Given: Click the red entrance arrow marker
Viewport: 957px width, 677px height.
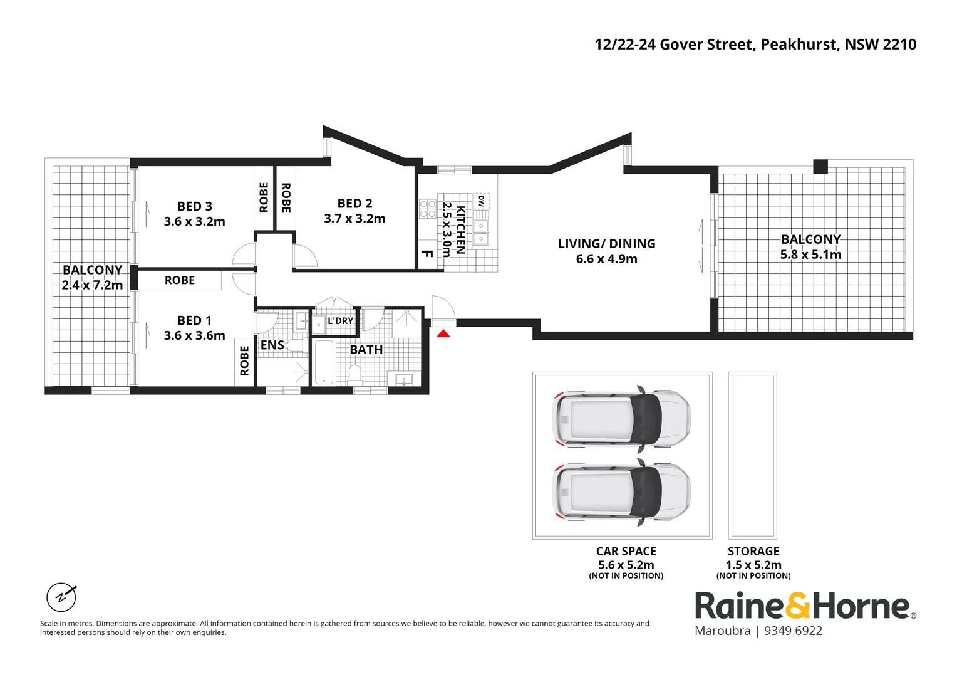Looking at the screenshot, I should click(x=443, y=333).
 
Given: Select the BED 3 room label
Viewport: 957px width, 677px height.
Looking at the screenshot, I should click(x=194, y=206).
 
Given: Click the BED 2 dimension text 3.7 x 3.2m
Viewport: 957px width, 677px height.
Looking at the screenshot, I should click(x=354, y=219).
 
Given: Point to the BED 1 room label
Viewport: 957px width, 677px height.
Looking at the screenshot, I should click(x=194, y=320).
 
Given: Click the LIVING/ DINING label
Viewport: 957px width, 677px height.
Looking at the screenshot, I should click(x=606, y=244).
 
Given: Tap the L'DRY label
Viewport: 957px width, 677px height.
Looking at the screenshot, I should click(x=341, y=321).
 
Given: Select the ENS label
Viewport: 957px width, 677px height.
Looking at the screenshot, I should click(x=272, y=345).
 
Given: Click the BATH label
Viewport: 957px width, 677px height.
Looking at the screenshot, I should click(x=366, y=350).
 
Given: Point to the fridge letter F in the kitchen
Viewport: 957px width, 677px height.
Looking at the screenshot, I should click(x=427, y=254).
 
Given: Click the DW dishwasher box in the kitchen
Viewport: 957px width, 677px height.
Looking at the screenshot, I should click(x=481, y=201).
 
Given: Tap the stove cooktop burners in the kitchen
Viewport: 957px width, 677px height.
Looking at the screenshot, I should click(x=428, y=209).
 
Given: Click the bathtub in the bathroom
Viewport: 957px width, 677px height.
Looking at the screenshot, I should click(x=324, y=362).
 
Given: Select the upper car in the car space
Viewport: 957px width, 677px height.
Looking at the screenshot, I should click(x=621, y=419).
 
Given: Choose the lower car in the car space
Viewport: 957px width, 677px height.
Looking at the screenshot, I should click(x=621, y=492).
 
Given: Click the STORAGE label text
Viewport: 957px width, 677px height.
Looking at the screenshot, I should click(x=753, y=552).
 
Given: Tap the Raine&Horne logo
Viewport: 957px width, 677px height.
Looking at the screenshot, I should click(x=805, y=606).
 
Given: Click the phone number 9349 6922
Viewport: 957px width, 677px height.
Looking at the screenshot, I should click(x=793, y=631).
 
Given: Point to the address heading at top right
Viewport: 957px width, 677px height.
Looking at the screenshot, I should click(x=755, y=45).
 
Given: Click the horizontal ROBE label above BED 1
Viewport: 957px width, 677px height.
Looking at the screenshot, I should click(x=180, y=280).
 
